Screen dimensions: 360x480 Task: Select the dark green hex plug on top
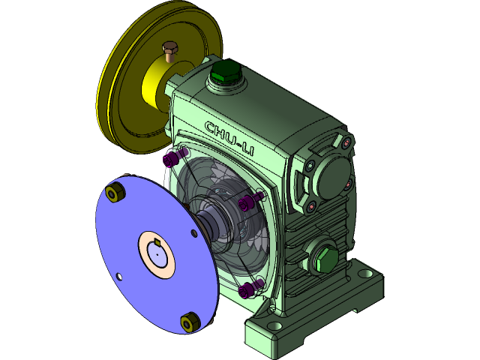tap(223, 73)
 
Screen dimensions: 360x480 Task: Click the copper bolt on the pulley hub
tap(170, 52)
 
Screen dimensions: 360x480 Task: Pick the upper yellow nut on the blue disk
tap(115, 194)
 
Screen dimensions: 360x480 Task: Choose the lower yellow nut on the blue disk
tap(188, 322)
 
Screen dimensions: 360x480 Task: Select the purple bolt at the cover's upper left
tap(171, 160)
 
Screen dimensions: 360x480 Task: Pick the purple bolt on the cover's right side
tap(245, 205)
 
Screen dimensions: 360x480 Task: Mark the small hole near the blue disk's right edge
tap(194, 234)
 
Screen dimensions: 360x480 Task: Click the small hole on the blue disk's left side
tap(118, 276)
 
